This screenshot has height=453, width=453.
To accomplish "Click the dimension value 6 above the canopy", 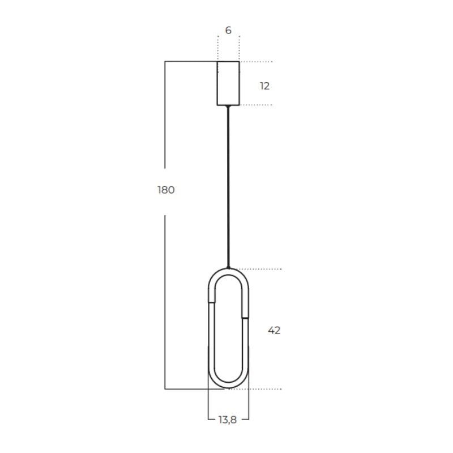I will pos(228,31).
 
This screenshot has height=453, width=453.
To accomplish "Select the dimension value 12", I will pos(264,86).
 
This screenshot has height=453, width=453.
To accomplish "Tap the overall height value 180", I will pos(166,190).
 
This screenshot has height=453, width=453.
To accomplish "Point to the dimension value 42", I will pos(274,330).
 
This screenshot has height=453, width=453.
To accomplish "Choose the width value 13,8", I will pos(228,420).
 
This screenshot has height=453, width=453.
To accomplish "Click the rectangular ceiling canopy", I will pos(228,83).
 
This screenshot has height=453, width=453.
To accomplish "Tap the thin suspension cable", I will pos(228,187).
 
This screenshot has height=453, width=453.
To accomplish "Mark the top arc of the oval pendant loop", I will pos(228,272).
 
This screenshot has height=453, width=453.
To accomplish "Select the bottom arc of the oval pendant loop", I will pos(228,386).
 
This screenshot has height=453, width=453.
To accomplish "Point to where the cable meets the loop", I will pos(228,268).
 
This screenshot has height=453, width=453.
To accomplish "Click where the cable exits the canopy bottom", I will pos(228,106).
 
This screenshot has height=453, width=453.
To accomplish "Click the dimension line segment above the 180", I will pos(165,113).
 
